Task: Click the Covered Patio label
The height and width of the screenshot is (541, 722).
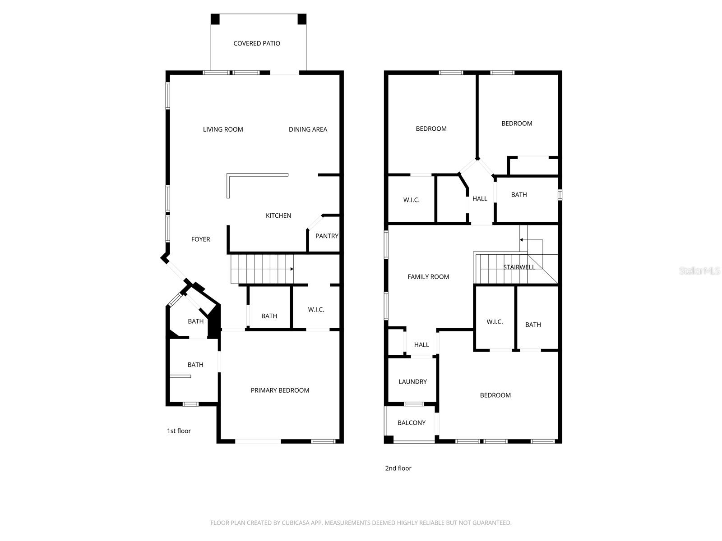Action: [256, 43]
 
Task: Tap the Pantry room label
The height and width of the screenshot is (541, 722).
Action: [326, 236]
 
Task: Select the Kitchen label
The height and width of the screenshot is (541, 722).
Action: [278, 215]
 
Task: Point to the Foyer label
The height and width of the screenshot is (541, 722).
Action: [200, 239]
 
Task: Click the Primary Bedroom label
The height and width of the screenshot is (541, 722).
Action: [280, 390]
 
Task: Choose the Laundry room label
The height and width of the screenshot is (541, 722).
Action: [412, 382]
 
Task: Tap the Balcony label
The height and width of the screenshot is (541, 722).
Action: [411, 423]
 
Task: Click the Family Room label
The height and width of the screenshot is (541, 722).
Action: [428, 277]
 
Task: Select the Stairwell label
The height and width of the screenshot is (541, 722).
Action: [519, 267]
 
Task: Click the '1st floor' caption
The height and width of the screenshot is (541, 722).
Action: [179, 431]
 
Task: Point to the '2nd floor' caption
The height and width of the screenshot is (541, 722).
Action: [398, 468]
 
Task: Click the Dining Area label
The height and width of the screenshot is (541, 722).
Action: [308, 129]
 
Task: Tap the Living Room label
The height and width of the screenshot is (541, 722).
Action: [223, 129]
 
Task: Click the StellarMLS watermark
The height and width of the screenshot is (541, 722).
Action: [699, 270]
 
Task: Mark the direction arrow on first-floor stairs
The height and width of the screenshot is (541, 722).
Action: [292, 269]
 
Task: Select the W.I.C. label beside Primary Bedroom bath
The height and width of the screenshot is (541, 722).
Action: [316, 310]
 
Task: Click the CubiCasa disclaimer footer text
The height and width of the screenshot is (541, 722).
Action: [361, 523]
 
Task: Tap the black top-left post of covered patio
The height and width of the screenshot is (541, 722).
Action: [215, 19]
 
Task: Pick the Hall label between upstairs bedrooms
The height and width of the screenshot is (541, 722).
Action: [480, 199]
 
